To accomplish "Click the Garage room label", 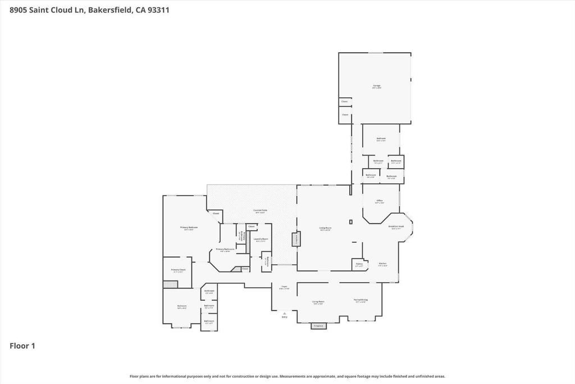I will [377, 86].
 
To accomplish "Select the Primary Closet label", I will [178, 270].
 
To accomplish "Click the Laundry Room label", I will [261, 239].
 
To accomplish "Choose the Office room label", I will [380, 201].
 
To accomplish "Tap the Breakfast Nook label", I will [396, 227].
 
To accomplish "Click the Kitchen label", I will [382, 264].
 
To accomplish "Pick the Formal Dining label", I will [360, 301].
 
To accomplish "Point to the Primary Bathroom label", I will [225, 250].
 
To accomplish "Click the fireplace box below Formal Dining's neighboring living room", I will [318, 326].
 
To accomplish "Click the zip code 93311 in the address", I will [158, 10].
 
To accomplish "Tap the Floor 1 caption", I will [22, 346].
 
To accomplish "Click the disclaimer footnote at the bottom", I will [287, 377].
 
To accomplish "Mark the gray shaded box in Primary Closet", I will [170, 284].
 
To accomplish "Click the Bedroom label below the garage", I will [381, 139].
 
